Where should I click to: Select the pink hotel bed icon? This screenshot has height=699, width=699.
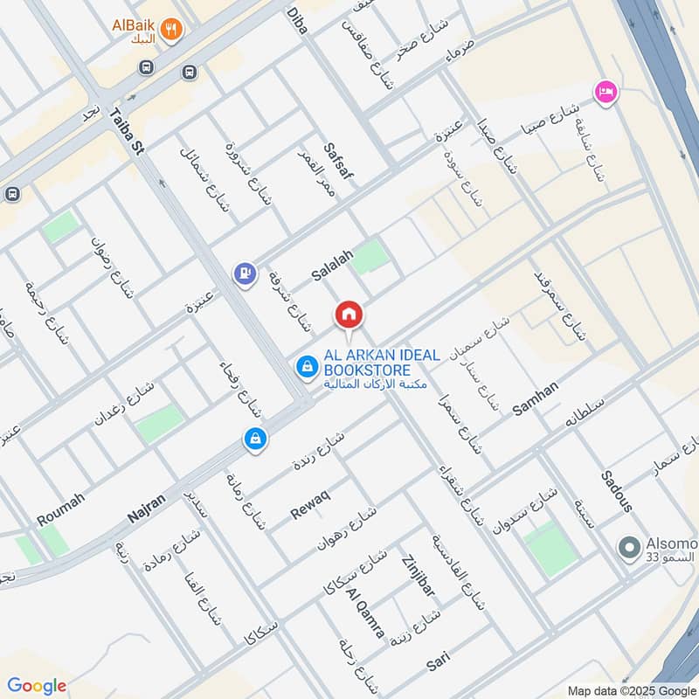coord(605,92)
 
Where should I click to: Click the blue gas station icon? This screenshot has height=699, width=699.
coord(245,274)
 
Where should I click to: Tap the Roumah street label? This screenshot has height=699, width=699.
coord(60,509)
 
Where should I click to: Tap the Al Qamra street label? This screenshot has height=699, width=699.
coord(364,613)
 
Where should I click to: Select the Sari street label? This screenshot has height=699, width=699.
coord(439,661)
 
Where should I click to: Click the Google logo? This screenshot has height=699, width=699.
coord(37,686)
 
